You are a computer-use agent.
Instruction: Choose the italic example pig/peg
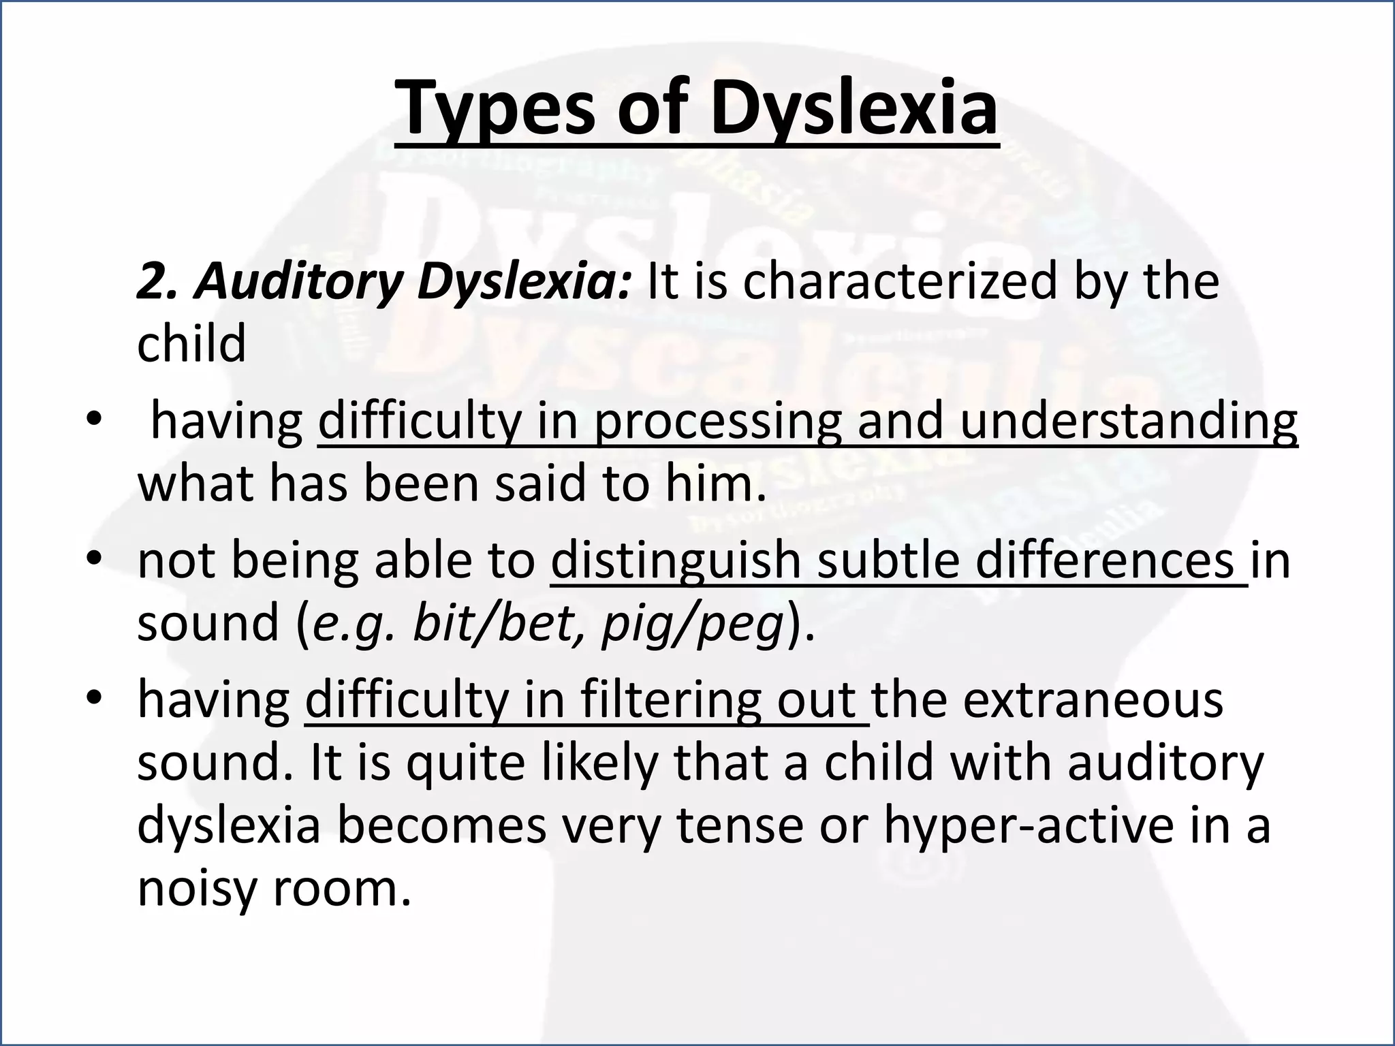692,623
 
